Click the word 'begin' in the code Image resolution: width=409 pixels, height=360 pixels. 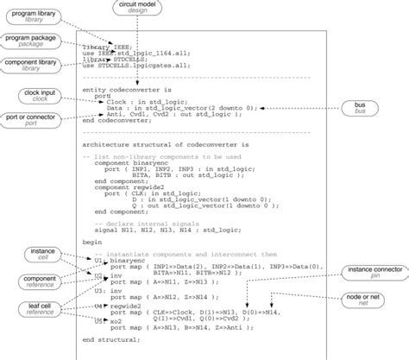pyautogui.click(x=91, y=243)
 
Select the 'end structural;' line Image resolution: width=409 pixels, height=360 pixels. pyautogui.click(x=113, y=339)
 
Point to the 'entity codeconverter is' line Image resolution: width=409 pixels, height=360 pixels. pyautogui.click(x=126, y=89)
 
